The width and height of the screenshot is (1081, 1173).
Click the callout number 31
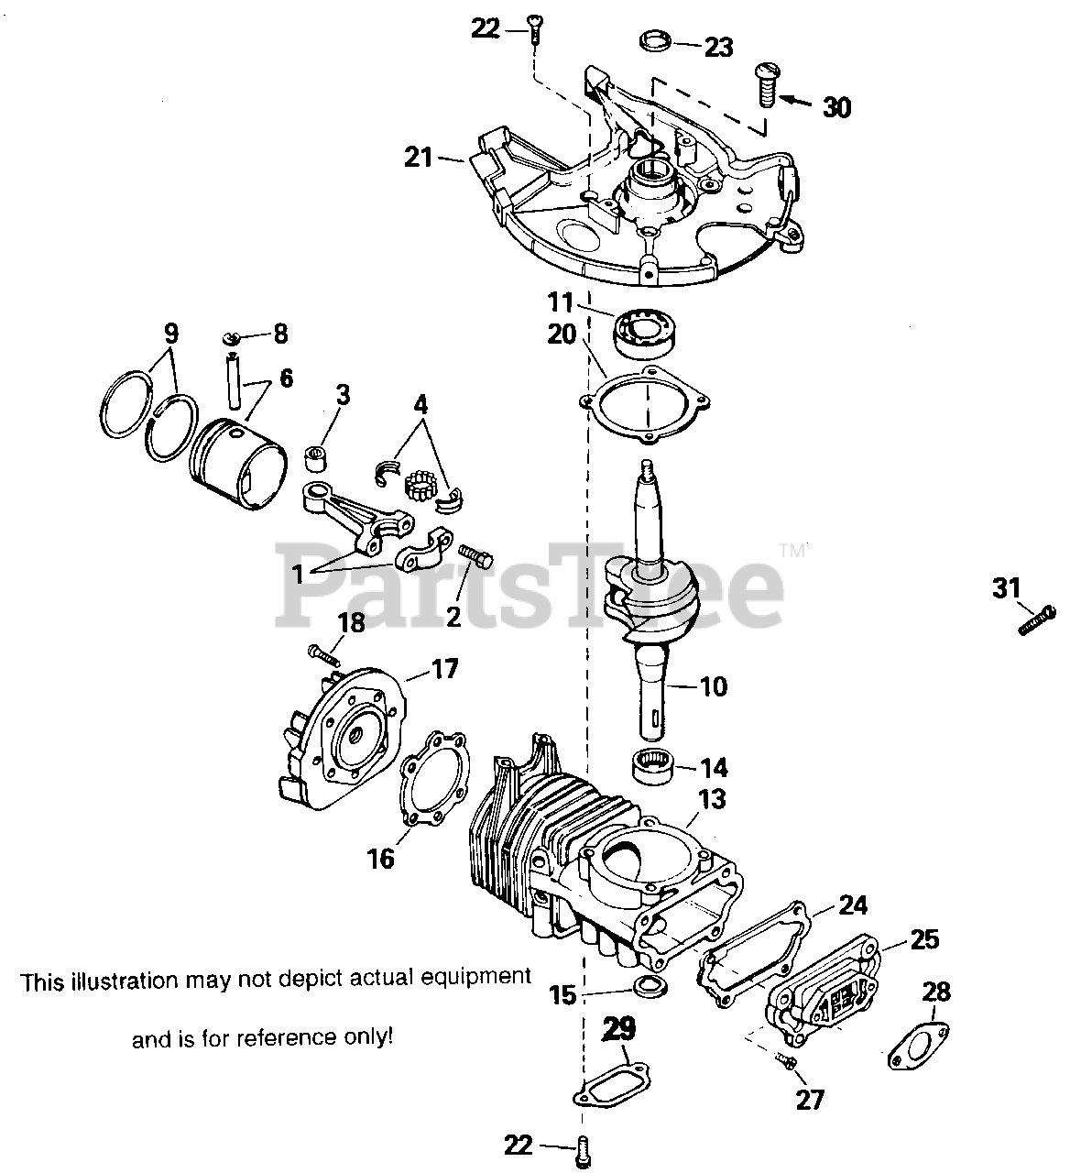1006,587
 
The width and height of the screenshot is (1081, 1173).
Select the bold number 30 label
835,107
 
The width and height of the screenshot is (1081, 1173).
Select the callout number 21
419,157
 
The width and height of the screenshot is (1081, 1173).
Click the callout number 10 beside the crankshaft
713,685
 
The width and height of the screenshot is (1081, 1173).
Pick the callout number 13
711,799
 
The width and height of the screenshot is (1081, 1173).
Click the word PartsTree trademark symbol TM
791,550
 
